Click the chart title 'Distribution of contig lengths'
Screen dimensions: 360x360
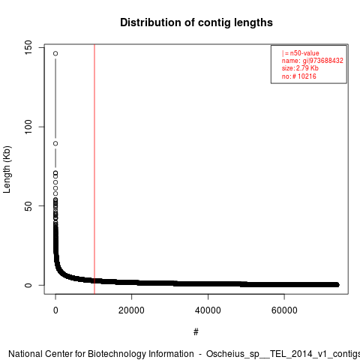pyautogui.click(x=196, y=22)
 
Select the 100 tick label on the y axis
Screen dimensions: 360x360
pyautogui.click(x=28, y=127)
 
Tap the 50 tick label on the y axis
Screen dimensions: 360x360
pyautogui.click(x=28, y=206)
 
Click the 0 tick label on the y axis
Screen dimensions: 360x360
pyautogui.click(x=28, y=285)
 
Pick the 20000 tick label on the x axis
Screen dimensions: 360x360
pyautogui.click(x=131, y=310)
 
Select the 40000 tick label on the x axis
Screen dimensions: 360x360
pyautogui.click(x=208, y=310)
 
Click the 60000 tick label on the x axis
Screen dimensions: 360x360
pyautogui.click(x=284, y=310)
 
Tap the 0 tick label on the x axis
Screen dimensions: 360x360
pyautogui.click(x=55, y=310)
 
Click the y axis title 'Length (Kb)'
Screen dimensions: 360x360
pyautogui.click(x=7, y=169)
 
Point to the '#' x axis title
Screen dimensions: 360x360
pyautogui.click(x=196, y=332)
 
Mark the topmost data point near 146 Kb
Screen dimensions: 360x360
pyautogui.click(x=55, y=53)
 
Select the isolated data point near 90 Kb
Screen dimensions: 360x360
pyautogui.click(x=55, y=143)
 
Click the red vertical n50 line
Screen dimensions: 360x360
pyautogui.click(x=94, y=169)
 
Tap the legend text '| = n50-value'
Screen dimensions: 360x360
pyautogui.click(x=301, y=53)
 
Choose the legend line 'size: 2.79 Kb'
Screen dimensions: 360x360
pyautogui.click(x=300, y=68)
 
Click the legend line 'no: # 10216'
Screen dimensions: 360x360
pyautogui.click(x=299, y=76)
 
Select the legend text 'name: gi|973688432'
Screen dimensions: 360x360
pyautogui.click(x=313, y=61)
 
